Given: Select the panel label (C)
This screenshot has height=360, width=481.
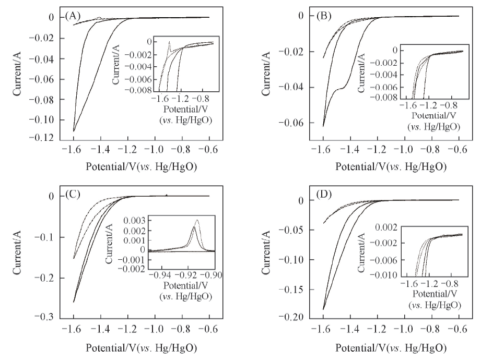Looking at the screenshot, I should tap(74, 196).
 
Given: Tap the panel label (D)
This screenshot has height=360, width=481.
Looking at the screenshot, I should tap(323, 200).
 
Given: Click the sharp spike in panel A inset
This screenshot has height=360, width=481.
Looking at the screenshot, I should tap(169, 42).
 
